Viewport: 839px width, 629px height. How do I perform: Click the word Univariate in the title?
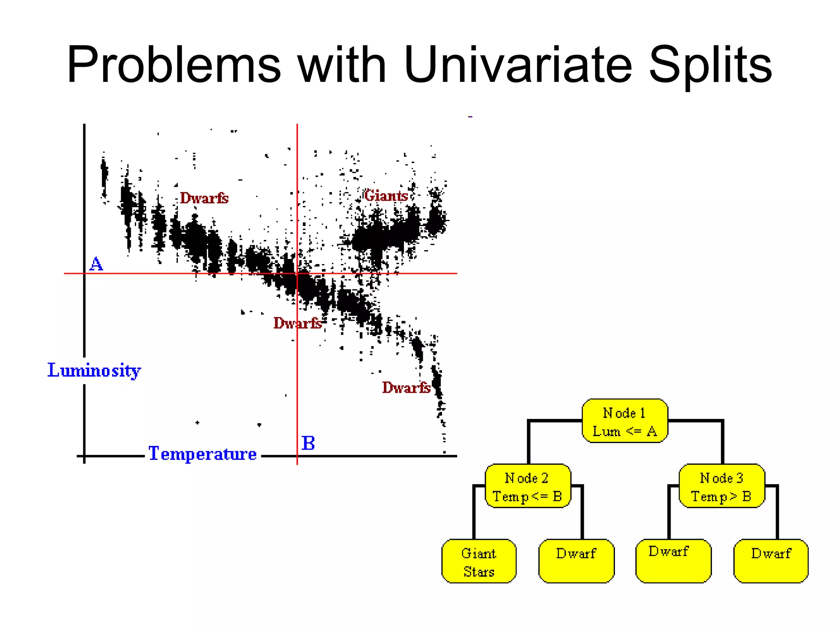coord(518,65)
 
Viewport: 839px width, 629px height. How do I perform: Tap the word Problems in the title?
coord(174,65)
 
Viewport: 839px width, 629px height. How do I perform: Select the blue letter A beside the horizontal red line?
coord(96,264)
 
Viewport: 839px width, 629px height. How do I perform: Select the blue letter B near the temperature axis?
coord(308,443)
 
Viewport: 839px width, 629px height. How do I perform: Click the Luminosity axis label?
coord(94,371)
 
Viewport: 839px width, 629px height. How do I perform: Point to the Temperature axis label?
coord(202,454)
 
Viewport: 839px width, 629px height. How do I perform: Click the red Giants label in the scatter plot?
coord(385,196)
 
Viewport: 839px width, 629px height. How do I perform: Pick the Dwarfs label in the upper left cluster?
coord(204,198)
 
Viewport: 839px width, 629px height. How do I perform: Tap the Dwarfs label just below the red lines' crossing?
coord(297,323)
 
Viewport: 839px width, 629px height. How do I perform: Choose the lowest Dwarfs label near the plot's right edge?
coord(406,387)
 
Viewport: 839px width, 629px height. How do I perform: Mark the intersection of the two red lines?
coord(297,273)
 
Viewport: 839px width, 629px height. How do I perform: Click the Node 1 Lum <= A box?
coord(625,421)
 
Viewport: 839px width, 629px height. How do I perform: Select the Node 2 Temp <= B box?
coord(528,486)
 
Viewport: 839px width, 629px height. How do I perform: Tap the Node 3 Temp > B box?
coord(722,486)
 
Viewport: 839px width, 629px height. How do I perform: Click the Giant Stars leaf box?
coord(479,561)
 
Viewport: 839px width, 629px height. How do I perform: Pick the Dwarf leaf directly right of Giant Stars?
coord(576,561)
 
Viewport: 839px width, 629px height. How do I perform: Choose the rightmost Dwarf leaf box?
coord(771,561)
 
